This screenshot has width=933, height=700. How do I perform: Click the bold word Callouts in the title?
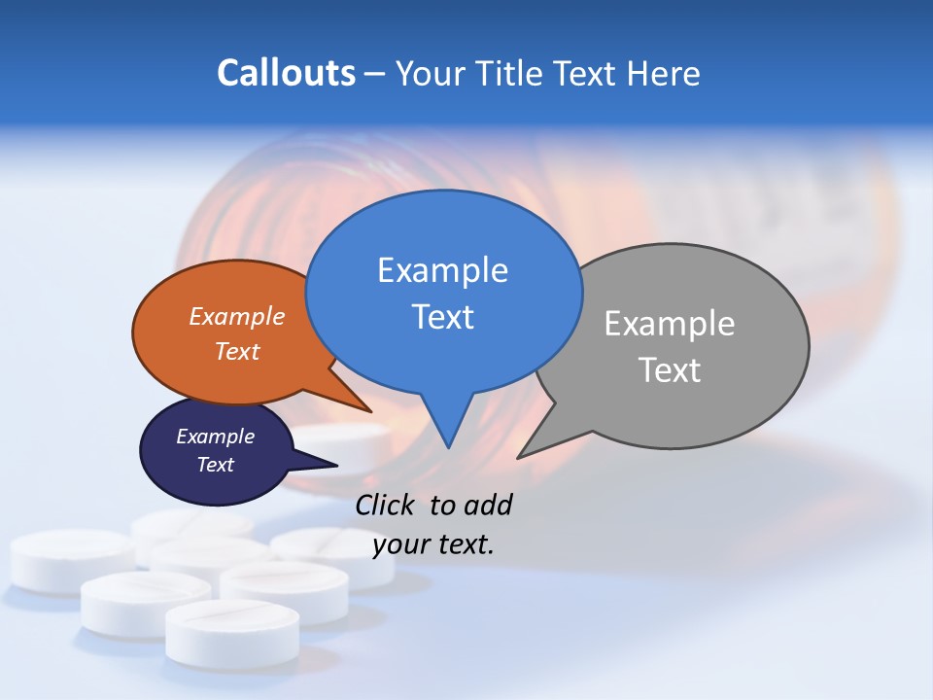[286, 73]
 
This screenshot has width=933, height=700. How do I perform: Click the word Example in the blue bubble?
[442, 270]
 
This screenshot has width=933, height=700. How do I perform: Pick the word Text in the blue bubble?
[442, 317]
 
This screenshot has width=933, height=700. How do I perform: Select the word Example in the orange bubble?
[237, 316]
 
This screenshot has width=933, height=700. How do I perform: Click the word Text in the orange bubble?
[237, 351]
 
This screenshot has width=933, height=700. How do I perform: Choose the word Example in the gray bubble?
[670, 324]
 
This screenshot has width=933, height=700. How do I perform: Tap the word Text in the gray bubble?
[670, 370]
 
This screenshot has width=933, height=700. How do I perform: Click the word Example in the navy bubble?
[215, 437]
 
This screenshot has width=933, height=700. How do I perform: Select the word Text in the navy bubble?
[215, 465]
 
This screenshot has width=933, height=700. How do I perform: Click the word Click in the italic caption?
[387, 505]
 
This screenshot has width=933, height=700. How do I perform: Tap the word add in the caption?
[487, 505]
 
